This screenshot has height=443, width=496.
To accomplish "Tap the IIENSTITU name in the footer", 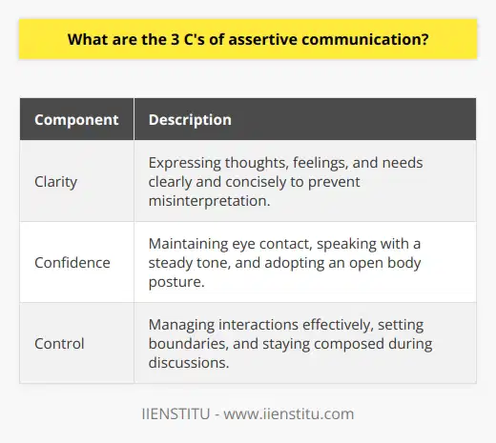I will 166,413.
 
